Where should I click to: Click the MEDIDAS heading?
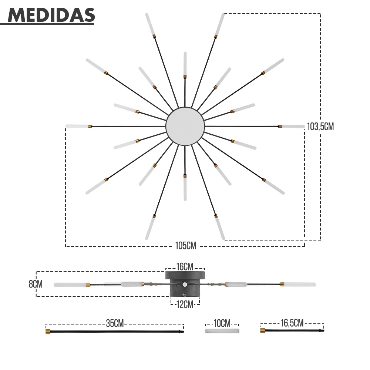click(x=51, y=15)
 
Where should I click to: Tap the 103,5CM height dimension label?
click(x=320, y=127)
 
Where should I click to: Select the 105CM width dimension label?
click(x=186, y=246)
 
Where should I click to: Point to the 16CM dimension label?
click(x=185, y=267)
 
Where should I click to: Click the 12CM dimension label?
click(x=185, y=305)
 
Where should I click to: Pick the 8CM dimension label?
click(x=36, y=284)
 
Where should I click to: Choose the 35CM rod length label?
click(x=115, y=323)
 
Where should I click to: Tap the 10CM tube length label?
click(x=222, y=323)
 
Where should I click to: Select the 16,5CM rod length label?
click(x=292, y=323)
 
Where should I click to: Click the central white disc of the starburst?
click(x=185, y=126)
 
